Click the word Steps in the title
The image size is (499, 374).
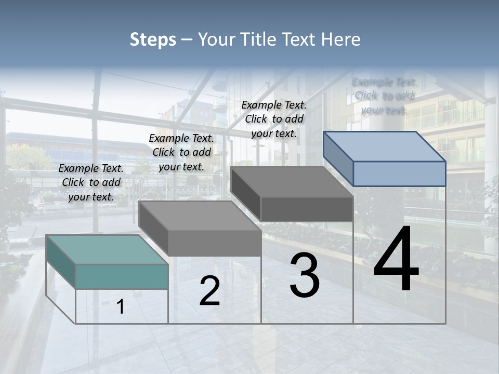click(153, 39)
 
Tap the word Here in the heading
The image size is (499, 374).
click(341, 39)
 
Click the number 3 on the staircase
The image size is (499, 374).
click(305, 275)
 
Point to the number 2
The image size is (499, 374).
click(209, 291)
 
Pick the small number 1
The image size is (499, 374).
click(121, 307)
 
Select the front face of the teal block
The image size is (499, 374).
click(122, 276)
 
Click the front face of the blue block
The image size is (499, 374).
click(399, 173)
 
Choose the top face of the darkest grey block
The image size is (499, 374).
click(291, 182)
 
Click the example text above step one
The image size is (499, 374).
click(91, 182)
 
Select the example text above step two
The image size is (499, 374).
click(181, 152)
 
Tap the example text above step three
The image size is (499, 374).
click(274, 119)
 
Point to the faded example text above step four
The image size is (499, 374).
click(384, 96)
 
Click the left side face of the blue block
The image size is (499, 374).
click(338, 158)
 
